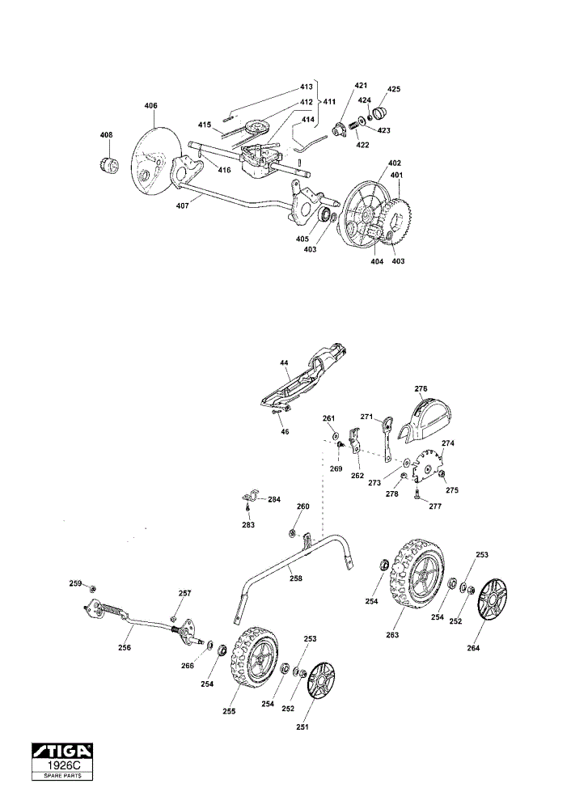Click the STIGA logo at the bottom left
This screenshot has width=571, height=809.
(62, 750)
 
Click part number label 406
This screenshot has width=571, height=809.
(150, 106)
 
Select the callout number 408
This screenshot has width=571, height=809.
(106, 135)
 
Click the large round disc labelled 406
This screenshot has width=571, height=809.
(156, 162)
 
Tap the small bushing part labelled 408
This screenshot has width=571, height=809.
(108, 166)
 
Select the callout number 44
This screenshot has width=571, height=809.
(284, 363)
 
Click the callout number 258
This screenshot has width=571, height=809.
(295, 578)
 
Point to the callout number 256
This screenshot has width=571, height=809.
(125, 647)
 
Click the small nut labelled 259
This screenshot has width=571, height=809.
(92, 588)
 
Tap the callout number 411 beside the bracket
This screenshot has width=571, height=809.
(329, 102)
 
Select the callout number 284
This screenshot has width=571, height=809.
(274, 499)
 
